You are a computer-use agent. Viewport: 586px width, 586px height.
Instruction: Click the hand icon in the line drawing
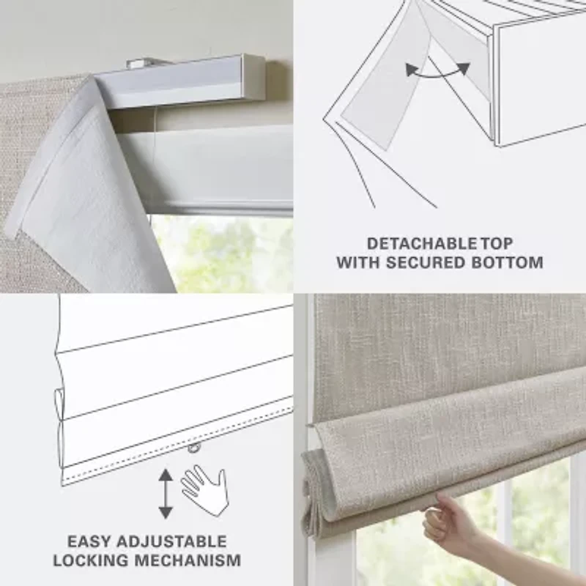point(204,486)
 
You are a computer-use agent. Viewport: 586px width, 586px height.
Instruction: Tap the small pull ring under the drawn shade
point(193,448)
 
